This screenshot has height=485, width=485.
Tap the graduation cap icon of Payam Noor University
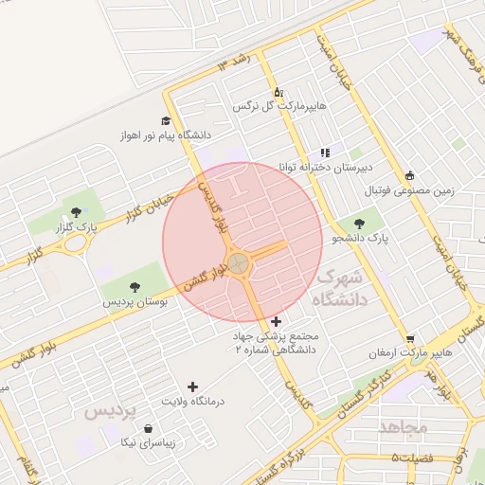[x=166, y=121]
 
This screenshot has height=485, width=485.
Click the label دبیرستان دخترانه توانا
[x=323, y=167]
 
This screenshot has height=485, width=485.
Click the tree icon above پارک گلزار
[x=76, y=210]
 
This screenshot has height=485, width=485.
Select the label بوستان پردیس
[x=135, y=302]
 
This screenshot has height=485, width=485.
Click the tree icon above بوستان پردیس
[x=134, y=285]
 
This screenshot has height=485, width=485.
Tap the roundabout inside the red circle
[x=238, y=260]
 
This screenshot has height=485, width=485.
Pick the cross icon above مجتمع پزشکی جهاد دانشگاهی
[x=276, y=322]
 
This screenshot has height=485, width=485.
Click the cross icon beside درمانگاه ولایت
[x=193, y=386]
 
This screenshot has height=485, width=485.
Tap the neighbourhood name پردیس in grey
[x=110, y=412]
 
